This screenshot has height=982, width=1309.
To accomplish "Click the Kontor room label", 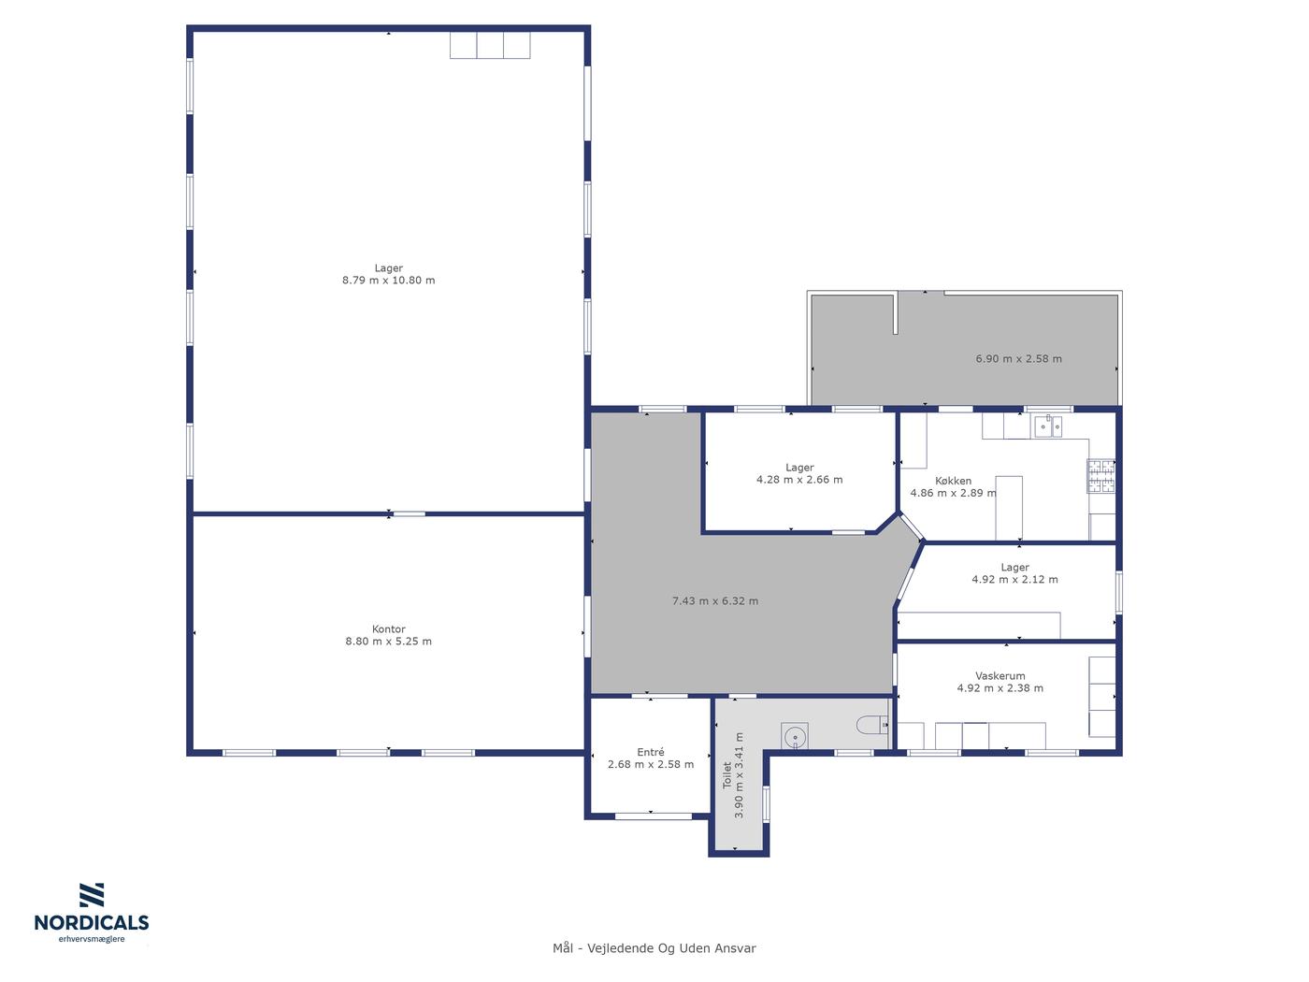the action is (x=388, y=629).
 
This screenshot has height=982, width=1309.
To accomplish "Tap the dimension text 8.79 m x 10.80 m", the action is (x=388, y=281).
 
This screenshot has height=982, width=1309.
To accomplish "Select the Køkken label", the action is (x=953, y=481).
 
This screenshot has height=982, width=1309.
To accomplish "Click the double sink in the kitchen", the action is (x=1048, y=426).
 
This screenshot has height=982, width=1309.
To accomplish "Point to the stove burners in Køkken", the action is (x=1100, y=476).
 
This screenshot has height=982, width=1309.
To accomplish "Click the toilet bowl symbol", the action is (x=871, y=725).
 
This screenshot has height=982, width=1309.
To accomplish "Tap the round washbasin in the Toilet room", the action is (x=795, y=737).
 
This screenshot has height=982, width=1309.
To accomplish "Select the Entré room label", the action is (x=650, y=753).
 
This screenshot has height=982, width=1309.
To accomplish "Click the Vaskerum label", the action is (x=1000, y=676).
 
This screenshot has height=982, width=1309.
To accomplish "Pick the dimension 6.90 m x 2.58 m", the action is (x=1018, y=359).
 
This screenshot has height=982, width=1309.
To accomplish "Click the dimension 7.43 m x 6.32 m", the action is (x=715, y=601).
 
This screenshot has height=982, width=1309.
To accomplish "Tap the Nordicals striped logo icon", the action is (x=92, y=895).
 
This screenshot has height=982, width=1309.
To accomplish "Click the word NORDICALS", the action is (x=92, y=923).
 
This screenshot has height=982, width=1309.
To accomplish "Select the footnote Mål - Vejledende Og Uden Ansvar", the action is (x=654, y=948).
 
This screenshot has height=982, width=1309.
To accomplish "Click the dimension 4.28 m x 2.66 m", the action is (x=799, y=480).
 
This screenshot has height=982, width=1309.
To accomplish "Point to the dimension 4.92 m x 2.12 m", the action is (x=1014, y=579).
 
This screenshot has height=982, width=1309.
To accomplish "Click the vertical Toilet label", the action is (x=726, y=775).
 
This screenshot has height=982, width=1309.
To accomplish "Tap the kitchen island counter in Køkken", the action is (x=1009, y=508).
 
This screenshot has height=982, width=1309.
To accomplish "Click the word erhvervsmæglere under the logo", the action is (x=92, y=940).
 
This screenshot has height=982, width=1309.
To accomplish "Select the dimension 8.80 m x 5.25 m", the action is (x=388, y=642).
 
